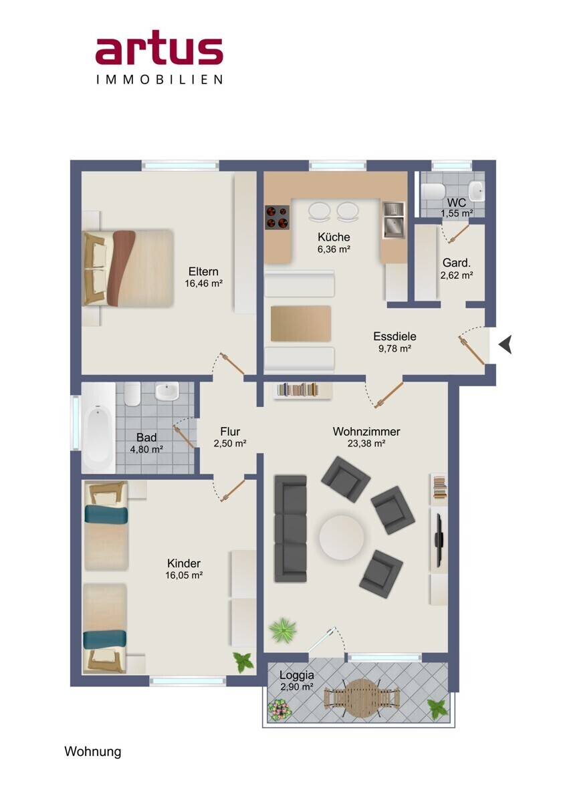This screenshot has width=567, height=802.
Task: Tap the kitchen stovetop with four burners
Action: coord(277,218)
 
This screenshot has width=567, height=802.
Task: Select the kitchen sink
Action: coord(394,220)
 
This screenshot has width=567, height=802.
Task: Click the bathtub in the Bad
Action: coord(98,428)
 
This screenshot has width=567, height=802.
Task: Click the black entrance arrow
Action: coord(505,344)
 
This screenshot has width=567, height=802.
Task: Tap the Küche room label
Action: coord(334,237)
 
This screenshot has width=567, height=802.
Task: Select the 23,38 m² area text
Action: coord(366,444)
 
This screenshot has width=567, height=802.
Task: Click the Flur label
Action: coord(230,432)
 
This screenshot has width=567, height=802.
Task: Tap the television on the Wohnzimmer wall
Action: coord(439,536)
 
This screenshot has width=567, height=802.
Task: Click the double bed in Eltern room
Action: coord(128,267)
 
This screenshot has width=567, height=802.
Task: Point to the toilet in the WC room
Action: coord(433,191)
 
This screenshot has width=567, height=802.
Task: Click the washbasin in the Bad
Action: coord(166,392)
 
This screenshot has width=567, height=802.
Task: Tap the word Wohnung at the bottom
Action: coord(93,751)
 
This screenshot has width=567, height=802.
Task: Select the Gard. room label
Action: coord(456,263)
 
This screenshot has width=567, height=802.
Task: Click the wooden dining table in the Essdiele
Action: coord(301,323)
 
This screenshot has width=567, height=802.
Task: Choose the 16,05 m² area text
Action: coord(184,575)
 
